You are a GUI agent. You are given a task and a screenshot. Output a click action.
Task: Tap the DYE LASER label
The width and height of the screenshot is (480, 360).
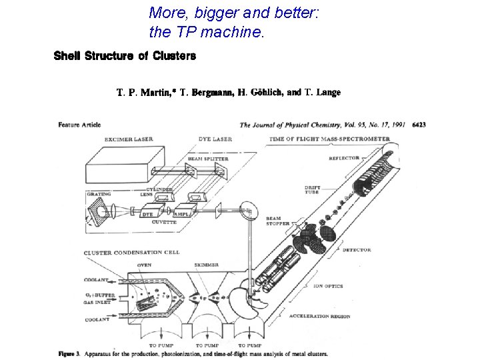point(215,139)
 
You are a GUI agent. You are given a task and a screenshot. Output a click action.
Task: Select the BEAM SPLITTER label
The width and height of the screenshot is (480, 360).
point(208,159)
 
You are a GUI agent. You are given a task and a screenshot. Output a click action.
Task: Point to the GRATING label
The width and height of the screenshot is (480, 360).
point(98,195)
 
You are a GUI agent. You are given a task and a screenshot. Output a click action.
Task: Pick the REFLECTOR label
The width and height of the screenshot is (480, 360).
point(344,158)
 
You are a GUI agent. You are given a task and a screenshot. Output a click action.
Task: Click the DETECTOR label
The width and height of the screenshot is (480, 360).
point(357,250)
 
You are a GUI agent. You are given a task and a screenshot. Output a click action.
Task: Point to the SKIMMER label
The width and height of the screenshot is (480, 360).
point(206,265)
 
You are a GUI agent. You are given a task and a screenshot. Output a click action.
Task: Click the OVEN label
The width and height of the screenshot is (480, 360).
point(145,265)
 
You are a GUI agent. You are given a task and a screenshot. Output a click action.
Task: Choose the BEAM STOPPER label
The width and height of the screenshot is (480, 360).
point(277,221)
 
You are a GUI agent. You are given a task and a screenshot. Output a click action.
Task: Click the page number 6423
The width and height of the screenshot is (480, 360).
point(419,125)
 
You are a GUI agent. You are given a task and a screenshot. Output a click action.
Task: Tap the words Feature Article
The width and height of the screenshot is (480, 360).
point(79,124)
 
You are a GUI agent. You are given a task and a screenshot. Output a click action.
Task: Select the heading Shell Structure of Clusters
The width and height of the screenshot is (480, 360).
point(125,56)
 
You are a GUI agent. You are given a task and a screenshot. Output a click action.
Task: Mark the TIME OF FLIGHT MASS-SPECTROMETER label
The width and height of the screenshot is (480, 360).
point(329,139)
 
